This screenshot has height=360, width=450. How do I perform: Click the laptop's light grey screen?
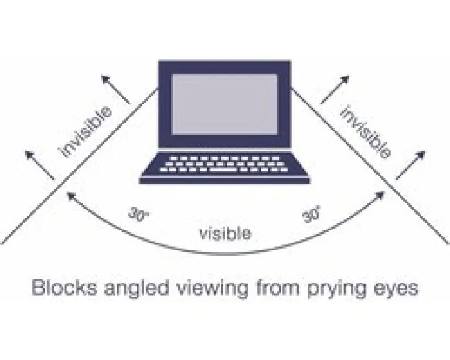225,104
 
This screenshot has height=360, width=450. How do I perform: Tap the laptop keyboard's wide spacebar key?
223,169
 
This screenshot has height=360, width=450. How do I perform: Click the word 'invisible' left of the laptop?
85,131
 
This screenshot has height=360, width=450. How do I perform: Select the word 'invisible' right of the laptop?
365,132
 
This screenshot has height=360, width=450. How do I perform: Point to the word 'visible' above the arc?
225,233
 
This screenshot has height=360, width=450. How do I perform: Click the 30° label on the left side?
138,214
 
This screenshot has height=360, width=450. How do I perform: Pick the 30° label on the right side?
311,214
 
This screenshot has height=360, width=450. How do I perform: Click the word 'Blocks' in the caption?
64,287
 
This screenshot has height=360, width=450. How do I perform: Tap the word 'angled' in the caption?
137,289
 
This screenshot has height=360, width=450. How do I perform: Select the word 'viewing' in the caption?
212,289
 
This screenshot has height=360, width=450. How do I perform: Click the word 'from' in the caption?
278,287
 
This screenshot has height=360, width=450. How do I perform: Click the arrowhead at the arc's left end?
70,196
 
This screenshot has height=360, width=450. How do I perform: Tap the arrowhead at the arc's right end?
380,196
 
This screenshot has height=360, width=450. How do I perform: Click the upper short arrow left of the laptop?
115,89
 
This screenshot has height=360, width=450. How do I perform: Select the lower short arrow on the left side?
40,165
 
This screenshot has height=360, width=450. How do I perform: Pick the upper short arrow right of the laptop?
335,89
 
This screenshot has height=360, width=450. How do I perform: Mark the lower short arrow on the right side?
410,165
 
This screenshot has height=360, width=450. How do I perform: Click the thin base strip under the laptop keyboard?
224,181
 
